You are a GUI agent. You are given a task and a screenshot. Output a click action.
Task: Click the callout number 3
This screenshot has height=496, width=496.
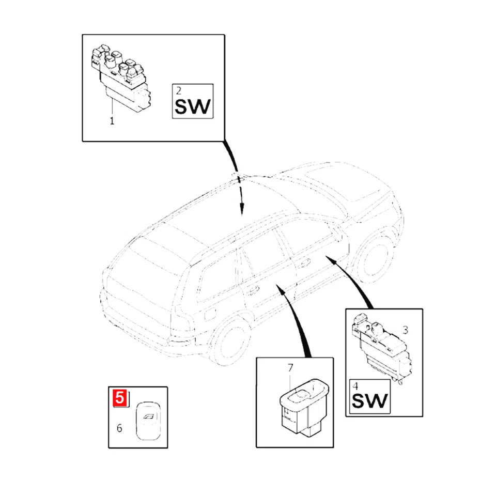pos(405,329)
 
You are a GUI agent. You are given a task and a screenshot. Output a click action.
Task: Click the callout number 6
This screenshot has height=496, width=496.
pos(119,428)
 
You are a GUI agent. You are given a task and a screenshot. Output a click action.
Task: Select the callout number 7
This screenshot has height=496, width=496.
pos(290,368)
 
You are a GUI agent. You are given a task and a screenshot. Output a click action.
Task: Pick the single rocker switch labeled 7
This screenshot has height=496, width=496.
pos(301,407)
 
